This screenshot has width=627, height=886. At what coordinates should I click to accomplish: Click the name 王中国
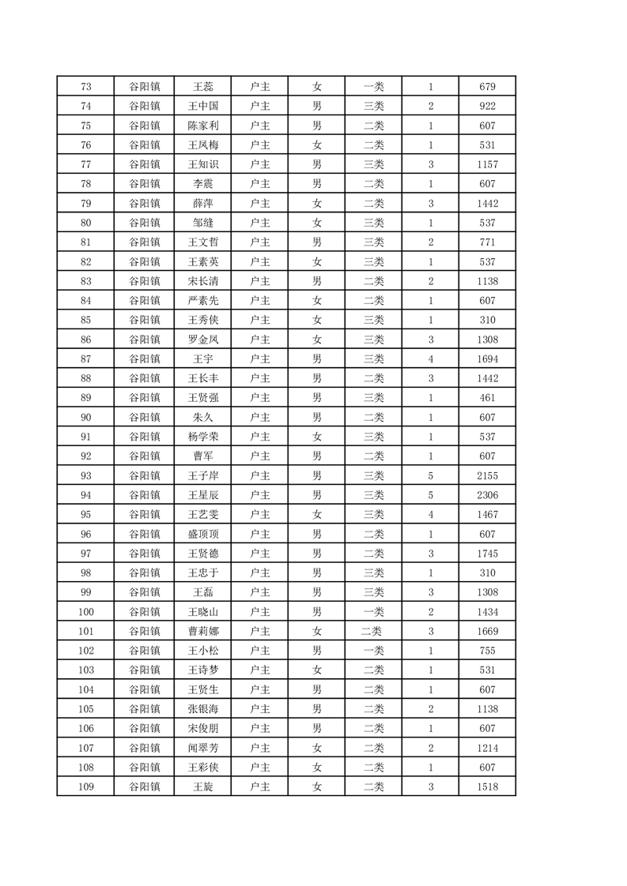[202, 106]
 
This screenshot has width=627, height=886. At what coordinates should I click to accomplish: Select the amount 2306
[487, 495]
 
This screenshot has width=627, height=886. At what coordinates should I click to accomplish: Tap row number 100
[86, 612]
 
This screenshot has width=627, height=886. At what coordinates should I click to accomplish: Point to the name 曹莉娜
[202, 631]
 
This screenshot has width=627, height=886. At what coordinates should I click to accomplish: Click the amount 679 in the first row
[487, 87]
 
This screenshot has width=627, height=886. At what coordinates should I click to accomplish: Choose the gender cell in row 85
[316, 320]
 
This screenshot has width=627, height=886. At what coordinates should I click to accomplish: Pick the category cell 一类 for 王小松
[373, 651]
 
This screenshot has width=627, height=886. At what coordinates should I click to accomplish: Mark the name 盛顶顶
[202, 534]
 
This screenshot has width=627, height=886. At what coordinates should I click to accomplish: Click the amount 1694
[487, 359]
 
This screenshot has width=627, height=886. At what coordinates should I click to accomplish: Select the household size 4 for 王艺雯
[430, 515]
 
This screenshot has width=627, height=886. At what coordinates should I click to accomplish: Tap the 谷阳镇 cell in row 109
[145, 787]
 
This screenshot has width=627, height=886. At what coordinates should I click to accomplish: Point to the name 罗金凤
[202, 340]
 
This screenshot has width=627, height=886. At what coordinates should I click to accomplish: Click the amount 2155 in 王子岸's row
[487, 475]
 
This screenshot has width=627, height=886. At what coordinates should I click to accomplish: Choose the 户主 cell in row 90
[259, 417]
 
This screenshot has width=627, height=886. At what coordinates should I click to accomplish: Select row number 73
[86, 87]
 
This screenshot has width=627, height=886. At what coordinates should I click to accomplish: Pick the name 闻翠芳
[202, 748]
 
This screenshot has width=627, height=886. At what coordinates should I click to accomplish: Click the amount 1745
[487, 554]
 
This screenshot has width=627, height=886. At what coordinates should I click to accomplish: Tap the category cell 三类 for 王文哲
[373, 242]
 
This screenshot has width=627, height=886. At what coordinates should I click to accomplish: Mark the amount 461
[487, 398]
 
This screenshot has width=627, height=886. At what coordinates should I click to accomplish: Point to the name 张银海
[202, 709]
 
